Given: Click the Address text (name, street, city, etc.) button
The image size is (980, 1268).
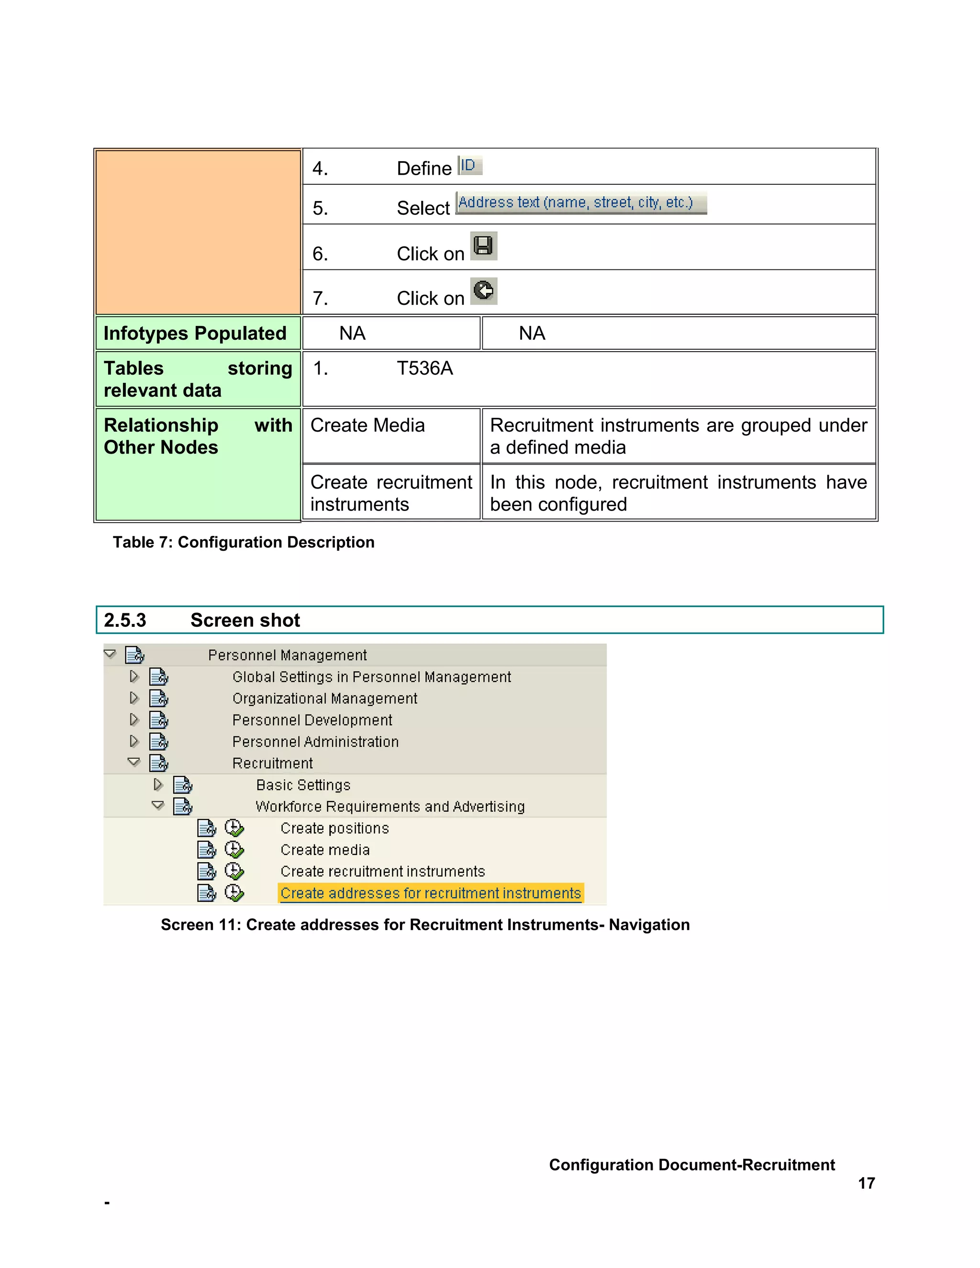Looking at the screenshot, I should [580, 202].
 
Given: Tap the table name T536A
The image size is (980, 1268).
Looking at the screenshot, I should [424, 368].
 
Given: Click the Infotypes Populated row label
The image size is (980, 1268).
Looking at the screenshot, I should [195, 333].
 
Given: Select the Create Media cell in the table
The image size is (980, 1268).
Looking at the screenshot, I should [367, 425].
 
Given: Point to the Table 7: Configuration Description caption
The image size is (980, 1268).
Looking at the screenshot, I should [243, 542].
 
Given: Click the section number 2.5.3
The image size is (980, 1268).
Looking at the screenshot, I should [125, 620].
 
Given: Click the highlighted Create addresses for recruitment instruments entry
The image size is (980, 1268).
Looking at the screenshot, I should [430, 893].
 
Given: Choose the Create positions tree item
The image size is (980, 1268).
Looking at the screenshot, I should [334, 828].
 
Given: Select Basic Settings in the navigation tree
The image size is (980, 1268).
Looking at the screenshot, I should [303, 785].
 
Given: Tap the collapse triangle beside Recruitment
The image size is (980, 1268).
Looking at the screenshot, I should [134, 762].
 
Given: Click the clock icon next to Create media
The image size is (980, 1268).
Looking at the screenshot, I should [234, 849].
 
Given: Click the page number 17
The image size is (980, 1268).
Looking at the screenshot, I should [866, 1183].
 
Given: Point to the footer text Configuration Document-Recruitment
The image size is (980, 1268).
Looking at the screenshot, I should [691, 1164].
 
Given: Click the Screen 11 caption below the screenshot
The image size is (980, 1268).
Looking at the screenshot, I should [425, 924].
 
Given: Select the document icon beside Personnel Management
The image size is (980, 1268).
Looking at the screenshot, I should [134, 655].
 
